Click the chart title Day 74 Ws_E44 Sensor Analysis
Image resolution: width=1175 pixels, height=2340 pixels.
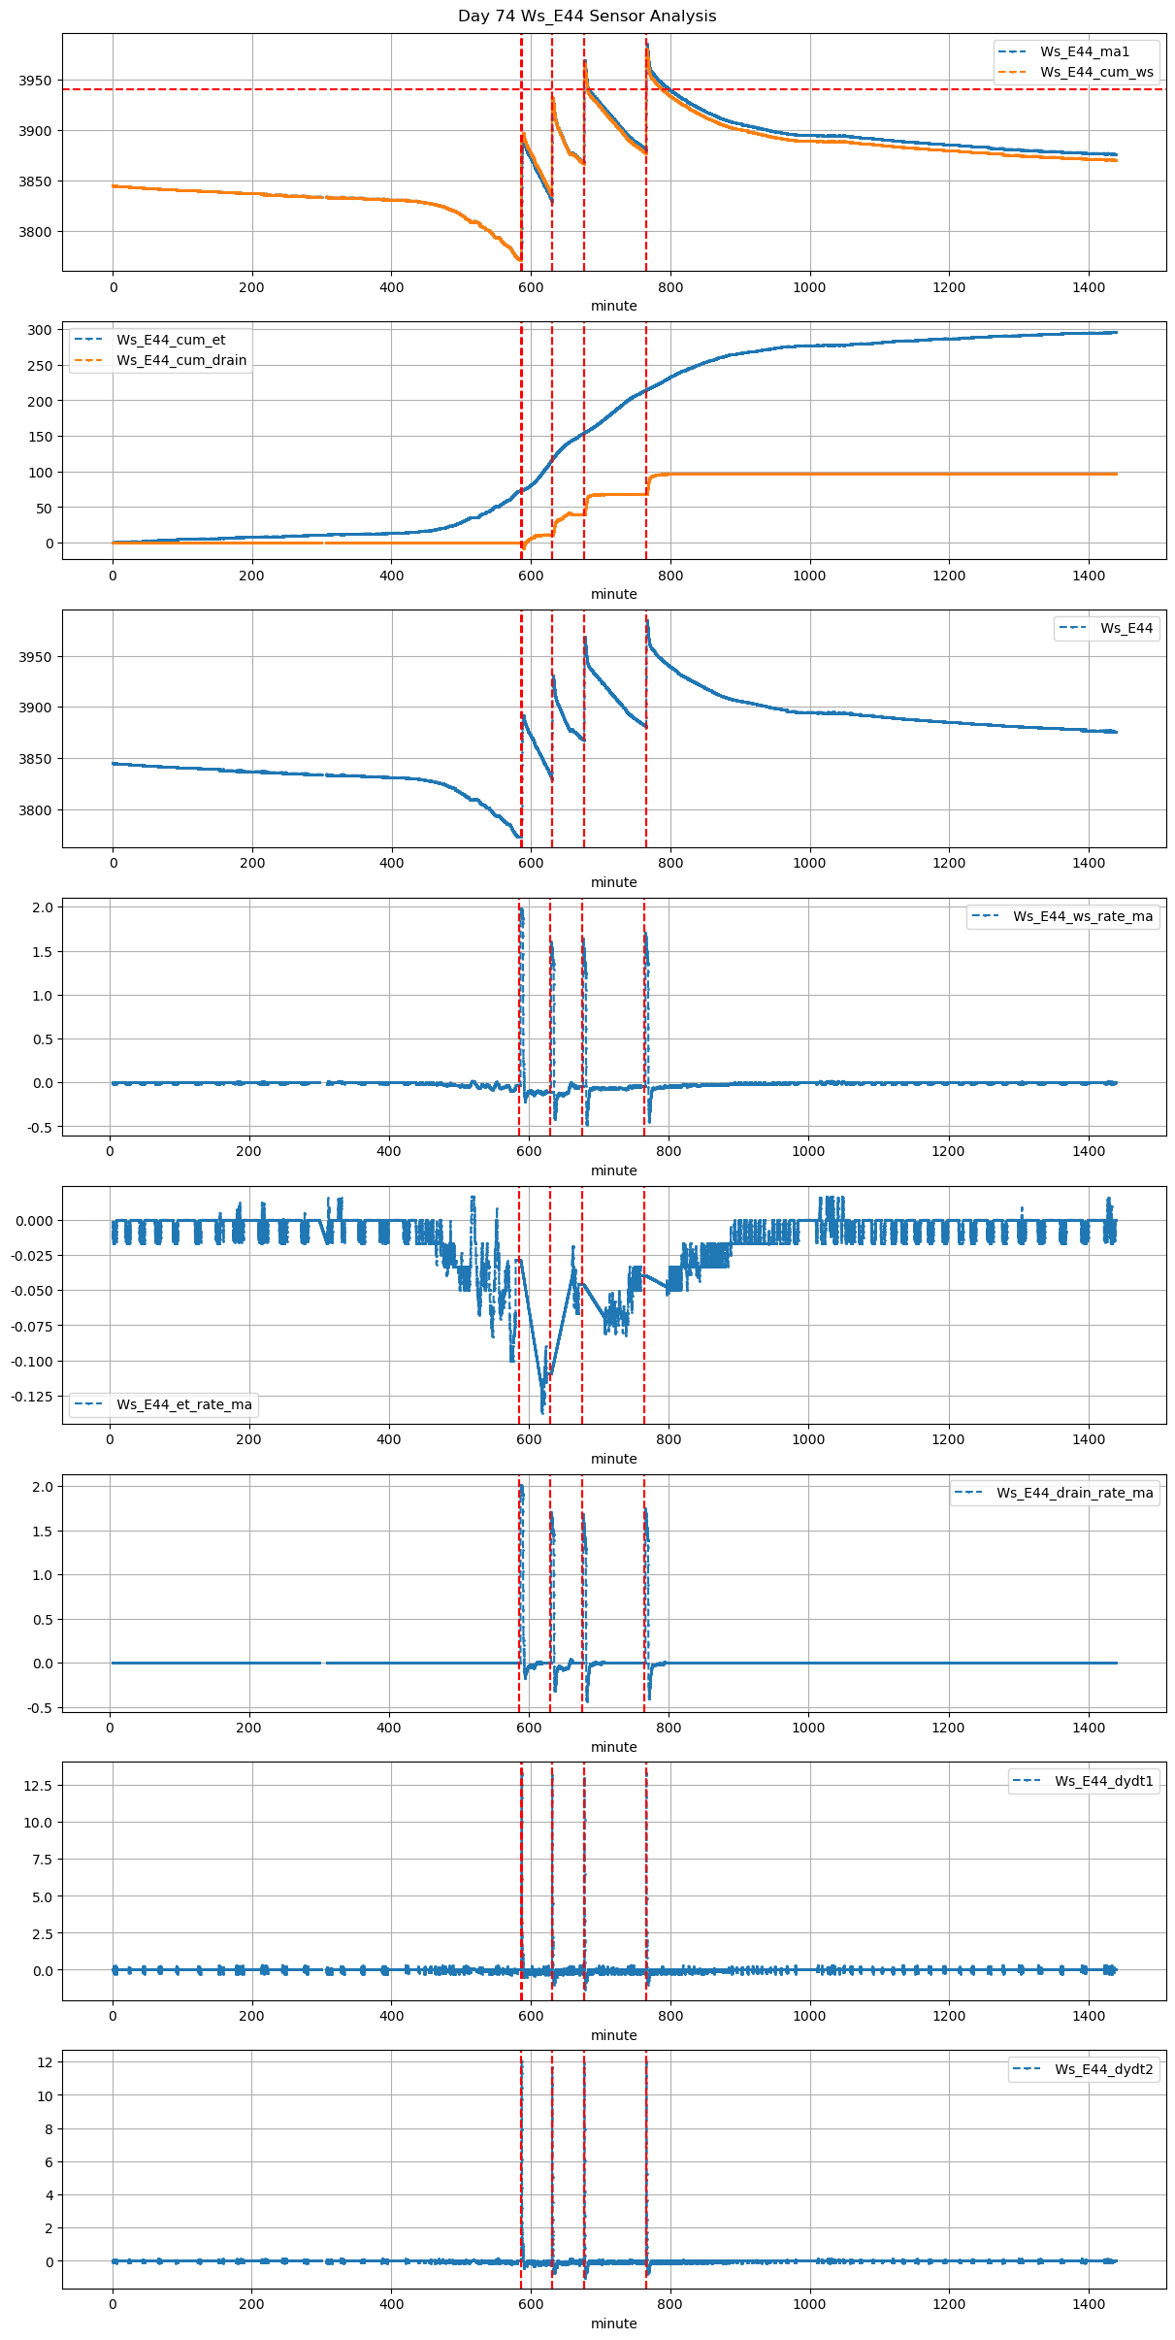(587, 16)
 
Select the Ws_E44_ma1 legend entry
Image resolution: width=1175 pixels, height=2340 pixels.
(1084, 51)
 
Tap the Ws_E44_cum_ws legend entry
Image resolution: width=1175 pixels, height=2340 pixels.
(1096, 72)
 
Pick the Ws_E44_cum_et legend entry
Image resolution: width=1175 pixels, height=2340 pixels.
(171, 340)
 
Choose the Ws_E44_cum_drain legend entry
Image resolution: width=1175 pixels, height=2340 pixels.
(181, 360)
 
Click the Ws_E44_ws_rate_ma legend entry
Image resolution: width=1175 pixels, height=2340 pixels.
(1083, 916)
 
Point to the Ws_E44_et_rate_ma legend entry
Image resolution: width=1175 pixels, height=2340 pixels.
(183, 1404)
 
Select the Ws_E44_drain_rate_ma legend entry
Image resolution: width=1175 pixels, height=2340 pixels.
(1074, 1493)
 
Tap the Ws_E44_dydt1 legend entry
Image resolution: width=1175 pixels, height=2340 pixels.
(1103, 1781)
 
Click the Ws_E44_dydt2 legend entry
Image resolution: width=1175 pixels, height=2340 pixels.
(1103, 2069)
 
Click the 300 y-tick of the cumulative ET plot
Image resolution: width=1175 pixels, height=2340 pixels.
(40, 330)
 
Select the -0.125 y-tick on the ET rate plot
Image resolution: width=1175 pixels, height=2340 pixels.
(32, 1397)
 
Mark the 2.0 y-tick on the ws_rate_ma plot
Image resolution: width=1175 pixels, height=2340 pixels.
(44, 906)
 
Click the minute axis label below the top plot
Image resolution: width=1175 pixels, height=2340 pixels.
(614, 306)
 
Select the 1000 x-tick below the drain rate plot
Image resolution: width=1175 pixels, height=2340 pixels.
(808, 1728)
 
